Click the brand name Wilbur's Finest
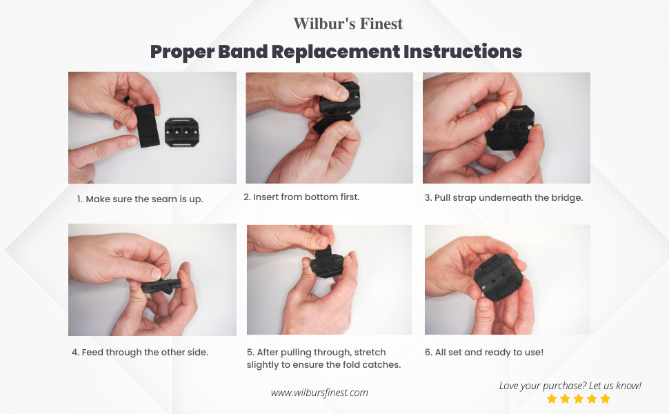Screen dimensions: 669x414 coord(348,23)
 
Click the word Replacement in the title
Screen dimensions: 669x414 coord(336,52)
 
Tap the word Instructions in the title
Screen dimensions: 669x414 coord(463,51)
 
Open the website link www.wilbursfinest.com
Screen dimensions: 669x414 coord(319,393)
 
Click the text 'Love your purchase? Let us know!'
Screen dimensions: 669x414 coord(570,386)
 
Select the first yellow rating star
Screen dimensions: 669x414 coord(552,399)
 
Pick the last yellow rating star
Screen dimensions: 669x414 coord(606,399)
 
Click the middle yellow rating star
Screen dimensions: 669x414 coord(579,399)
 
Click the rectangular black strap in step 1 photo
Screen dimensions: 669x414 coord(147,125)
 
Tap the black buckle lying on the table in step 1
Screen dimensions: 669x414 coord(182,132)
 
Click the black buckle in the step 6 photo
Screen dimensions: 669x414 coord(499,277)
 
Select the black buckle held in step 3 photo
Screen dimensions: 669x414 coord(510,128)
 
